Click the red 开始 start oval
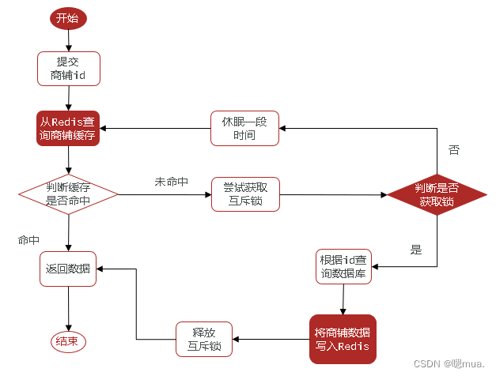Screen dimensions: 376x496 pyautogui.click(x=67, y=18)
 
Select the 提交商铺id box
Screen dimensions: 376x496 pyautogui.click(x=68, y=69)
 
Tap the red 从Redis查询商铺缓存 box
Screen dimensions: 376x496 pyautogui.click(x=68, y=128)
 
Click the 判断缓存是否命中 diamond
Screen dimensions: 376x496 pyautogui.click(x=68, y=193)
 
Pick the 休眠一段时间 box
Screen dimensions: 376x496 pyautogui.click(x=245, y=128)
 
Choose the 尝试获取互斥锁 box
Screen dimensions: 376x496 pyautogui.click(x=245, y=193)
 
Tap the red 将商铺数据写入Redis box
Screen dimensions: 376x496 pyautogui.click(x=343, y=337)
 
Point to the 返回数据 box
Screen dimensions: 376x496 pyautogui.click(x=68, y=269)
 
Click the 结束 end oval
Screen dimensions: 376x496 pyautogui.click(x=67, y=341)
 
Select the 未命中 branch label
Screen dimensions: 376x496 pyautogui.click(x=171, y=182)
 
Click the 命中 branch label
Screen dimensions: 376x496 pyautogui.click(x=29, y=239)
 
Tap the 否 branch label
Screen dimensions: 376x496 pyautogui.click(x=453, y=149)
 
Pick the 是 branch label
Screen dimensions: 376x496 pyautogui.click(x=416, y=250)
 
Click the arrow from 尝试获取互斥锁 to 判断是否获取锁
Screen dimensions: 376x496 pyautogui.click(x=332, y=193)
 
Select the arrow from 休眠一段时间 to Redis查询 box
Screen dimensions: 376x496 pyautogui.click(x=155, y=128)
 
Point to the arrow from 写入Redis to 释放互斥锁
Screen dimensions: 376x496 pyautogui.click(x=270, y=339)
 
